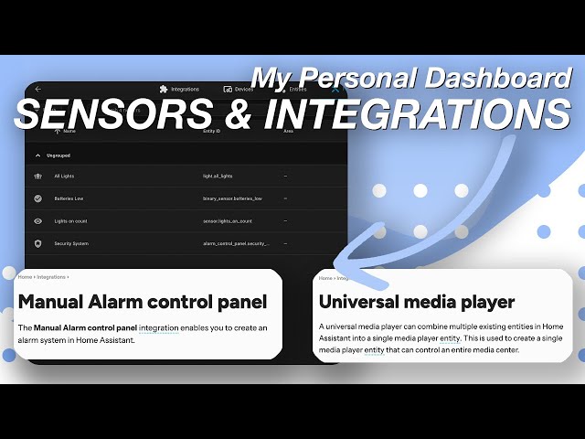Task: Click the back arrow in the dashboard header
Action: (x=38, y=90)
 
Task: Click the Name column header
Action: (x=69, y=132)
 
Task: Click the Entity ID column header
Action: (x=212, y=132)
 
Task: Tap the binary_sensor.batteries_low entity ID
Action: (x=232, y=198)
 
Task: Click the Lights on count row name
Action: (x=71, y=221)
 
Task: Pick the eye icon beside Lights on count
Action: (x=38, y=221)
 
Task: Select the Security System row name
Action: (x=71, y=244)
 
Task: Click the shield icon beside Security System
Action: (x=38, y=244)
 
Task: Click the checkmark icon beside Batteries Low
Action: (x=38, y=198)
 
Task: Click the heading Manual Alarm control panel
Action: (x=142, y=301)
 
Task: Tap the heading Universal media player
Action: (x=416, y=301)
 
